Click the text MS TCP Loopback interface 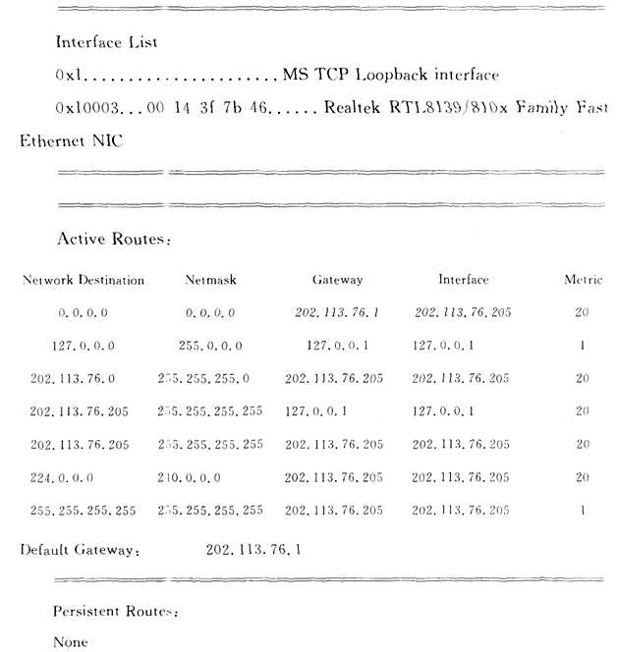pyautogui.click(x=390, y=75)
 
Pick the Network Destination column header pyautogui.click(x=84, y=280)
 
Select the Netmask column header pyautogui.click(x=210, y=280)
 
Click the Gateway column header pyautogui.click(x=337, y=280)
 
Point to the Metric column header pyautogui.click(x=583, y=280)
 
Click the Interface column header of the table pyautogui.click(x=463, y=280)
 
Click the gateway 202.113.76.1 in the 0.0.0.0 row pyautogui.click(x=337, y=313)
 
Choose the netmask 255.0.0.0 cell pyautogui.click(x=210, y=346)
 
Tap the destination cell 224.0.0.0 pyautogui.click(x=63, y=477)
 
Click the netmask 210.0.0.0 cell pyautogui.click(x=190, y=477)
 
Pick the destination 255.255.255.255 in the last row pyautogui.click(x=83, y=511)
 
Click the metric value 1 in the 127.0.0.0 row pyautogui.click(x=584, y=346)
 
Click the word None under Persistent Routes pyautogui.click(x=71, y=642)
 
